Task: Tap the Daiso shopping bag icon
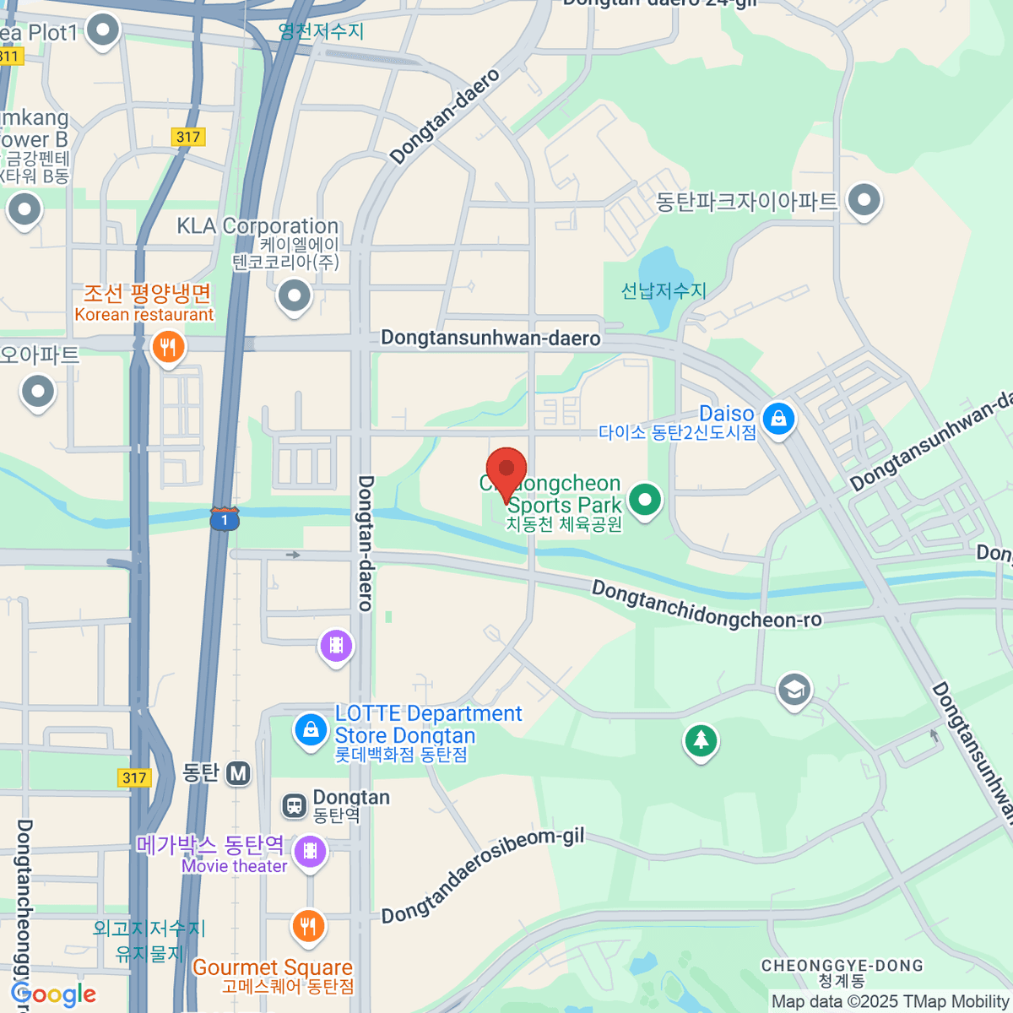click(x=778, y=418)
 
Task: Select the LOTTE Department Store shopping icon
click(x=311, y=729)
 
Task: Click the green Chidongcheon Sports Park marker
click(x=645, y=499)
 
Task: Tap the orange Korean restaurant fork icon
click(x=168, y=347)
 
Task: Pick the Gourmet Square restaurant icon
click(x=308, y=926)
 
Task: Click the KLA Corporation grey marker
click(x=295, y=296)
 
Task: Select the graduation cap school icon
click(x=794, y=690)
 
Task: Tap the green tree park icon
click(x=701, y=741)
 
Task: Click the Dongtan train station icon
click(x=294, y=805)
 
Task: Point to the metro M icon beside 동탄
click(x=239, y=772)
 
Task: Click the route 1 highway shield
click(x=225, y=519)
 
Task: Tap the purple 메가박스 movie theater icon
click(x=311, y=850)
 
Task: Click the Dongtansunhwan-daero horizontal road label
click(x=490, y=339)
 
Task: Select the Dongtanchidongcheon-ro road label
click(x=706, y=605)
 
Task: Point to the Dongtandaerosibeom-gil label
click(x=483, y=875)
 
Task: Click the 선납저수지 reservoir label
click(x=664, y=291)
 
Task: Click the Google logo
click(x=53, y=994)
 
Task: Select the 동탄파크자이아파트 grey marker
click(x=864, y=201)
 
